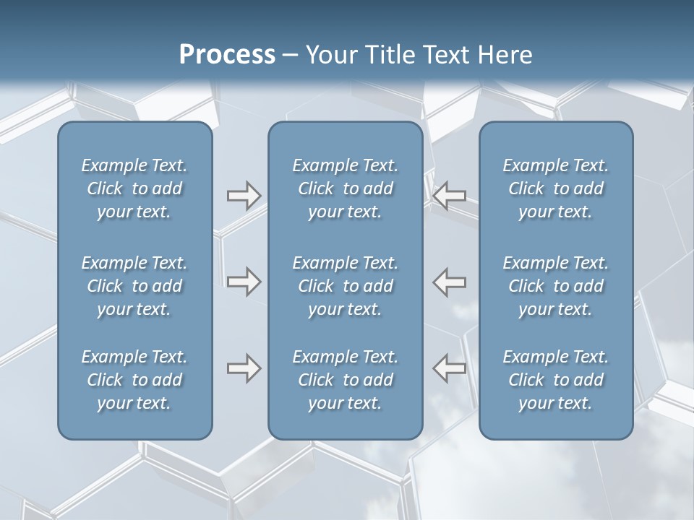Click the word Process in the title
227,55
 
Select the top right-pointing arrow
244,195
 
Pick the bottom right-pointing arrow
244,368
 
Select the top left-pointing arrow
450,195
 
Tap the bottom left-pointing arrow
450,368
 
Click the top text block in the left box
134,188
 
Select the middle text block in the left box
134,286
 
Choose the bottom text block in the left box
134,380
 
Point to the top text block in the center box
346,188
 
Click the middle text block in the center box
346,286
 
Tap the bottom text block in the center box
346,380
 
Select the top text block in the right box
556,188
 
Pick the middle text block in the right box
556,286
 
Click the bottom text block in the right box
556,380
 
